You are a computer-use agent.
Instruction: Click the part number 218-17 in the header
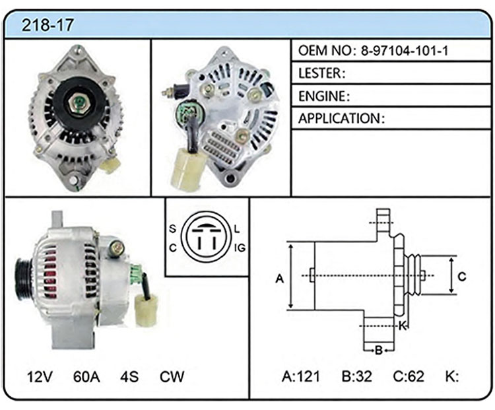click(x=48, y=24)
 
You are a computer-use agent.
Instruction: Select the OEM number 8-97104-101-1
click(x=405, y=51)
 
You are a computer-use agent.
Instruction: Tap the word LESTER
click(x=320, y=73)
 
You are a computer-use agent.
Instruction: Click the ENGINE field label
click(x=321, y=96)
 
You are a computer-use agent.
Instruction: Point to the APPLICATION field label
click(x=339, y=118)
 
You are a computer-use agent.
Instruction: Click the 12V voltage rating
click(x=40, y=376)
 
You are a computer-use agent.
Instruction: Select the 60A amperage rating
click(x=86, y=376)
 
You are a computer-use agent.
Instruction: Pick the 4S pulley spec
click(x=129, y=376)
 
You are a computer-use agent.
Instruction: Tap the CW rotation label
click(x=172, y=376)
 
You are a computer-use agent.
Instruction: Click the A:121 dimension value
click(x=301, y=376)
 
